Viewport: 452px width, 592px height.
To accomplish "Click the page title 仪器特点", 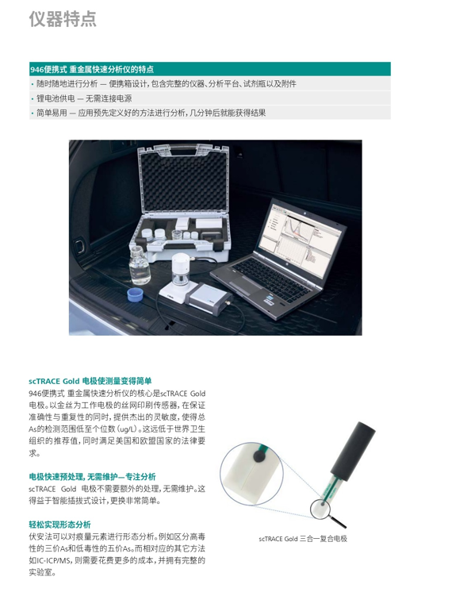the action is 63,18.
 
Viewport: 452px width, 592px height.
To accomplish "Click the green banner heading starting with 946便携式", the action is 92,70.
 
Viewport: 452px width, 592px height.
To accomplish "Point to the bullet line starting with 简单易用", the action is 148,113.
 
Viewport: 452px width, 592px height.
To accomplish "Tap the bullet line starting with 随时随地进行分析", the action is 163,84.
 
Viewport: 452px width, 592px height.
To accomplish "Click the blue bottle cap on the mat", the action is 135,294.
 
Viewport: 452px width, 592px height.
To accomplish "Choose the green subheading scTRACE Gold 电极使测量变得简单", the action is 90,381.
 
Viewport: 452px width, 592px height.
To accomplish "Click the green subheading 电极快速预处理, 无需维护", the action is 92,476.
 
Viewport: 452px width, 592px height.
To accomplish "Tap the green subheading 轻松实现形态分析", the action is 60,525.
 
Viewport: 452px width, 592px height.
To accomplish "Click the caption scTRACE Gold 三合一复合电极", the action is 303,539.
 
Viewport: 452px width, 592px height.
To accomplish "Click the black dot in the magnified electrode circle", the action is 259,457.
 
